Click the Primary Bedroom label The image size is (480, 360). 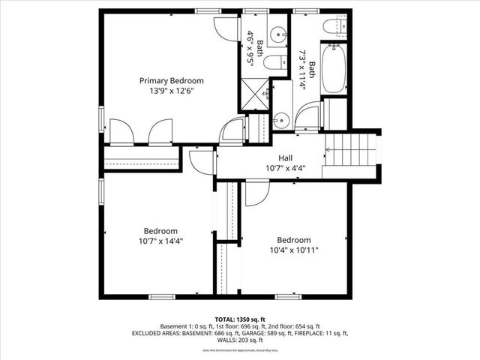pos(172,80)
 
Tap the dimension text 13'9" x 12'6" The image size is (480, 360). pos(172,91)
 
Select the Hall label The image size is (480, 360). pos(285,158)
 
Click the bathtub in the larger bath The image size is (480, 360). pos(333,69)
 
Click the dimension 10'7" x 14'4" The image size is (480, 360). pos(160,241)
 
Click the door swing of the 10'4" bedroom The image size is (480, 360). pos(257,192)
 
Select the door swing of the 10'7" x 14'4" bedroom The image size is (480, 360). pos(201,160)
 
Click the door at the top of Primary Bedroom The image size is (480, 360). pos(224,27)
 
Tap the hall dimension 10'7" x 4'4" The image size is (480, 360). pos(285,169)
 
